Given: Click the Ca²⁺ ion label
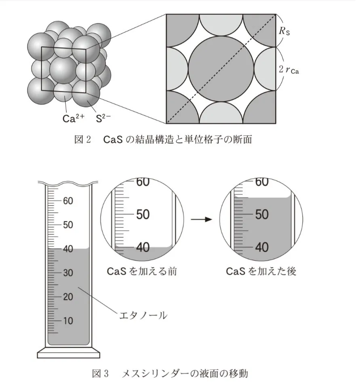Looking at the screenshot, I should point(74,119).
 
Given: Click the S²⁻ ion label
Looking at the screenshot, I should point(103,119).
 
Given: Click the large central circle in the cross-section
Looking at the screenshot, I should point(221,68).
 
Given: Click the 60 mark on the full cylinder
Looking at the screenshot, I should point(67,201).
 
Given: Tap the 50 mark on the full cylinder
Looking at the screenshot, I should point(67,225).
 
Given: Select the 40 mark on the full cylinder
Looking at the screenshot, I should point(67,249).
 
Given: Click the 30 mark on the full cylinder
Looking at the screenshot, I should point(67,273).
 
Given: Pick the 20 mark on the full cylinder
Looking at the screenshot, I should point(67,297).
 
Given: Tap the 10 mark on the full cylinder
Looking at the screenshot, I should point(67,321).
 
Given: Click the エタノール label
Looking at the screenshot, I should point(142,315).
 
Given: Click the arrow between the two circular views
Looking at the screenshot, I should point(201,219).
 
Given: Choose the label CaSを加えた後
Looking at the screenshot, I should point(261,271).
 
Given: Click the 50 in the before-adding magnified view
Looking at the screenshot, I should point(143,215).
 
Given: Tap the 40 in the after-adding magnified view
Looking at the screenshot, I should point(261,247).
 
